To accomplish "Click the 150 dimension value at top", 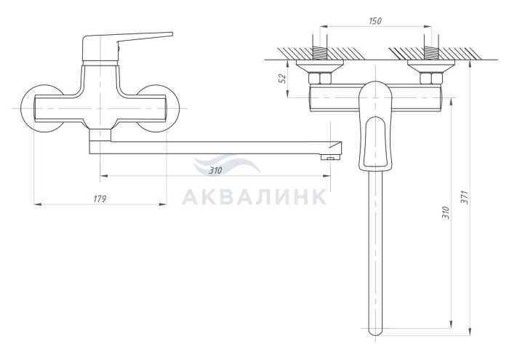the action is (375, 21).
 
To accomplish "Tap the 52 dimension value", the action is (283, 79).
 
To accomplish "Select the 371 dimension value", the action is (465, 197).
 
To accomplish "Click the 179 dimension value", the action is (100, 199).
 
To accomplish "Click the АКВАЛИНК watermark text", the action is (254, 196).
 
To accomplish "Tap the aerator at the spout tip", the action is (330, 157).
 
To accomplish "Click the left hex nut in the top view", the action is (320, 79).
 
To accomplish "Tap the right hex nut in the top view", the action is (431, 79).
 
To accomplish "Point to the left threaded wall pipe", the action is (320, 53).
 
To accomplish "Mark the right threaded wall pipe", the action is (431, 53).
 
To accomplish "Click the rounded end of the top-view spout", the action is (376, 331).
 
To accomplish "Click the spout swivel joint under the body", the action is (100, 135).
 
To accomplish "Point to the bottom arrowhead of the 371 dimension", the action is (470, 331).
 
